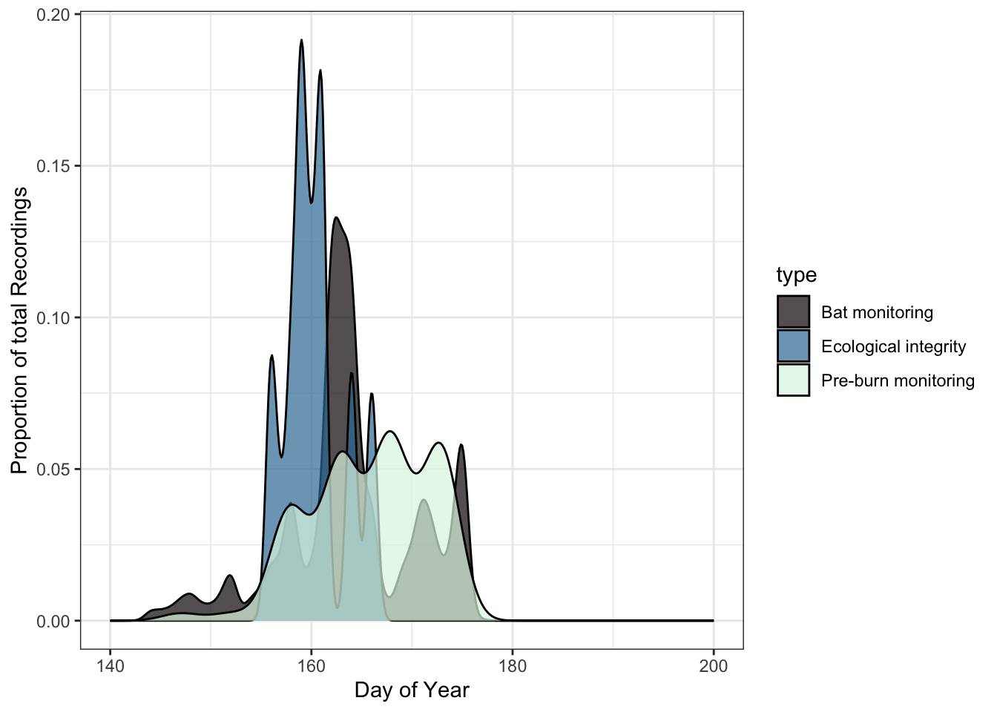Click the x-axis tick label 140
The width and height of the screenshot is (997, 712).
[x=110, y=666]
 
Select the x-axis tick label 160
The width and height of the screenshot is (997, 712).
[x=312, y=666]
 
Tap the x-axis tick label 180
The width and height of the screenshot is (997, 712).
[x=513, y=666]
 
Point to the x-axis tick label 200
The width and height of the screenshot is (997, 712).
[x=714, y=666]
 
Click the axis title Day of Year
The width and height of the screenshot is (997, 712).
[x=412, y=690]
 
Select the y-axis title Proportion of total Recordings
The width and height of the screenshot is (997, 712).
[x=19, y=330]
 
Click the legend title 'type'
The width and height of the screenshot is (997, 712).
[x=796, y=275]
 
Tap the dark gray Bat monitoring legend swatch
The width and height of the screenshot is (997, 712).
[x=793, y=311]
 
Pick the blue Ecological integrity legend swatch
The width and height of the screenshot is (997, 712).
[x=793, y=346]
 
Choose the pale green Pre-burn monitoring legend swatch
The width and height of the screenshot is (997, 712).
[x=793, y=380]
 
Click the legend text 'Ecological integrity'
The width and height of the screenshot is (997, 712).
[x=893, y=346]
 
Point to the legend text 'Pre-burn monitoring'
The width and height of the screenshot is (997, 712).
[x=898, y=380]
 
